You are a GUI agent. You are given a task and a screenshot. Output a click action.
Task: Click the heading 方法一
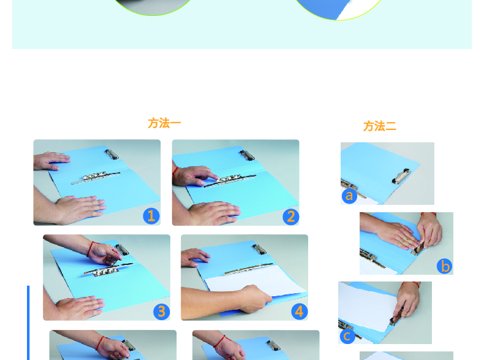(164, 123)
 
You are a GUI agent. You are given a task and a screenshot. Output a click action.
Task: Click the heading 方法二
(379, 126)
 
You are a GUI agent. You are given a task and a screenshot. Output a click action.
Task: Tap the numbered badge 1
(151, 216)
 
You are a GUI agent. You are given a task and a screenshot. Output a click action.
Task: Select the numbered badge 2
(291, 216)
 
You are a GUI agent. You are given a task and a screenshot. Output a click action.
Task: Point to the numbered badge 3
(162, 312)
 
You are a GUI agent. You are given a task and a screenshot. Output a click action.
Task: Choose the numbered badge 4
(300, 312)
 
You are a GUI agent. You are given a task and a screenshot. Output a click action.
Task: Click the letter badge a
(349, 196)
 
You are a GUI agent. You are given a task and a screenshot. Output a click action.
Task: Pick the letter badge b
(445, 266)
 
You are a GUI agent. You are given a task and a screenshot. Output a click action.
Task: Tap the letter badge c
(347, 336)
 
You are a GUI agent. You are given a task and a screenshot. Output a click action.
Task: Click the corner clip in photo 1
(112, 154)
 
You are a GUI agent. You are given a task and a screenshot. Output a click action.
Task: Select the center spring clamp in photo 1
(96, 177)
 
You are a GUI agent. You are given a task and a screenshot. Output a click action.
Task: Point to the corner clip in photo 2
(248, 155)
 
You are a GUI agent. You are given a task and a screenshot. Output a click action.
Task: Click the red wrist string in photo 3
(90, 250)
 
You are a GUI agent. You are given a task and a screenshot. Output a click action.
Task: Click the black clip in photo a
(401, 176)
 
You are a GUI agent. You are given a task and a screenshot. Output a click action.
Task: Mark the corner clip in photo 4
(259, 249)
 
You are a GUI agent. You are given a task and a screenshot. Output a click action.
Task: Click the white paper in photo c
(368, 306)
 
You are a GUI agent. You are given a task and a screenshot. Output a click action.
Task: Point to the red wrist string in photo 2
(175, 173)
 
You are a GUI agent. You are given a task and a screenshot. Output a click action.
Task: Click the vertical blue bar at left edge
(28, 323)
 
